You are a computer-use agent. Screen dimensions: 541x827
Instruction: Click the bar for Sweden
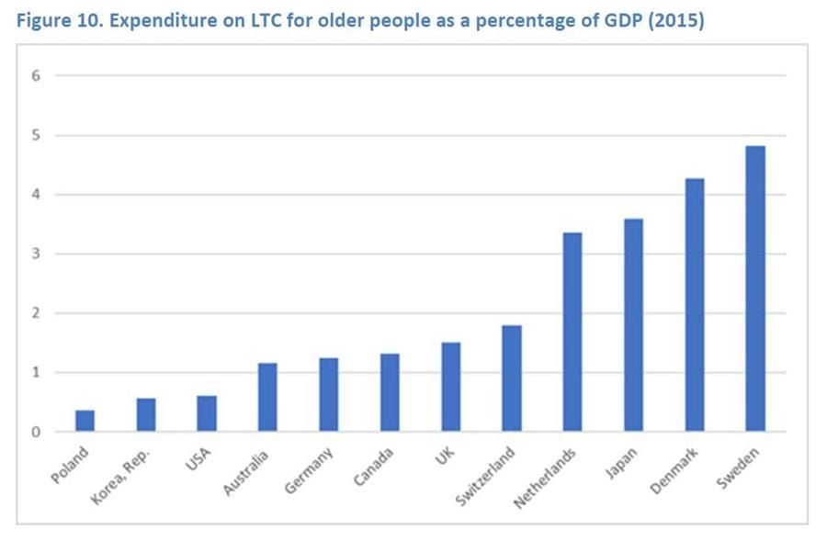(754, 288)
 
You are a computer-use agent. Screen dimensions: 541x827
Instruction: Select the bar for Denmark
(694, 305)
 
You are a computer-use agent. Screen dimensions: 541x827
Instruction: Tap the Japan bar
(633, 325)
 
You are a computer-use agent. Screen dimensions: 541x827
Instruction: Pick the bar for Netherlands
(572, 332)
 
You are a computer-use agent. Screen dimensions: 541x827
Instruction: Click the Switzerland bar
(512, 378)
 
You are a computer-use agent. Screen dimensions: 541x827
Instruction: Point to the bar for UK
(451, 387)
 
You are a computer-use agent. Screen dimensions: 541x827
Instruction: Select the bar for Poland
(85, 421)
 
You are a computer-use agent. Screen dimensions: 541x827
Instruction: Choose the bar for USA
(207, 413)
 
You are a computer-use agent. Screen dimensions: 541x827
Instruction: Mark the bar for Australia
(267, 397)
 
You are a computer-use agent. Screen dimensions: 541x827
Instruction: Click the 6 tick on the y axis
(38, 76)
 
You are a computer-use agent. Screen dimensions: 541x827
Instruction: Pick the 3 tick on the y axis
(38, 254)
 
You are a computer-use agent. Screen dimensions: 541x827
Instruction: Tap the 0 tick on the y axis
(38, 432)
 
